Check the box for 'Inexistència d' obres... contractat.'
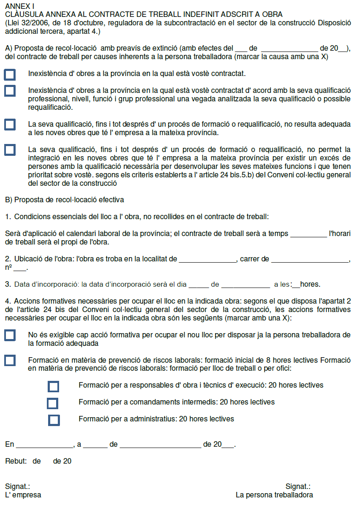[x=10, y=75]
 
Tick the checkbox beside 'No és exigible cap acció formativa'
[x=10, y=336]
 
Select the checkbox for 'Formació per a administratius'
[x=54, y=420]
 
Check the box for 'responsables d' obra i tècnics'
[x=54, y=386]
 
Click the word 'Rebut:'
[x=16, y=461]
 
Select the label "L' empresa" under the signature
[x=23, y=495]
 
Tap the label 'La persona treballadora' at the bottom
[x=274, y=495]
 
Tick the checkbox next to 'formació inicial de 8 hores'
[x=10, y=361]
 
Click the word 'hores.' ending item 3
[x=310, y=285]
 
